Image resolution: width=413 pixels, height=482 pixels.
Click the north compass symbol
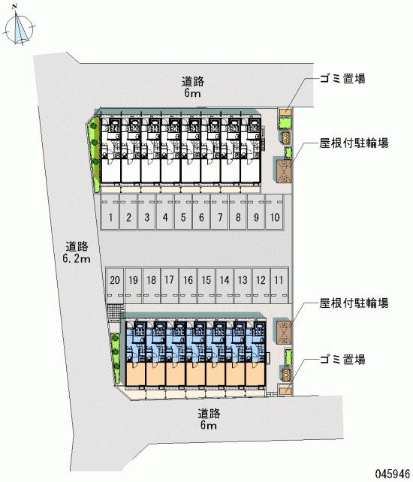tap(20, 26)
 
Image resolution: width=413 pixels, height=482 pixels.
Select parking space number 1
tap(110, 212)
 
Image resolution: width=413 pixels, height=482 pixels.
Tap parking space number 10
tap(274, 212)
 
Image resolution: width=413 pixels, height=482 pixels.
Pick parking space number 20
tap(115, 285)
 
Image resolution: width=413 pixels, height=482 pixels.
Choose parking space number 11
tap(279, 285)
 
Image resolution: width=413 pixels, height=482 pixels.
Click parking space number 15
tap(206, 285)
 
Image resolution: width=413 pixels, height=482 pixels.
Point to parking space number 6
tap(201, 212)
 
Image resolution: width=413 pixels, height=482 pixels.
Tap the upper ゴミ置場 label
tap(342, 79)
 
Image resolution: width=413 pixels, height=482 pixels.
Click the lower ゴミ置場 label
tap(342, 359)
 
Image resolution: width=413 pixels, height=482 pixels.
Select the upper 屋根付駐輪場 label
tap(354, 143)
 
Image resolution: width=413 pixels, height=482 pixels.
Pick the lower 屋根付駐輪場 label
tap(354, 303)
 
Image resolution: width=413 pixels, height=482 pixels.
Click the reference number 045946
tap(393, 474)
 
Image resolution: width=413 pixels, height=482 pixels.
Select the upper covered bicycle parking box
tap(284, 170)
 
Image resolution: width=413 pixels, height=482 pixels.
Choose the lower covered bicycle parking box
tap(284, 333)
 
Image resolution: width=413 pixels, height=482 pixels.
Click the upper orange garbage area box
tap(285, 111)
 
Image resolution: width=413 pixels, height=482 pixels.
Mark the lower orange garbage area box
tap(285, 390)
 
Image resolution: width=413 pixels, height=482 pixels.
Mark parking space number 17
tap(170, 285)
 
